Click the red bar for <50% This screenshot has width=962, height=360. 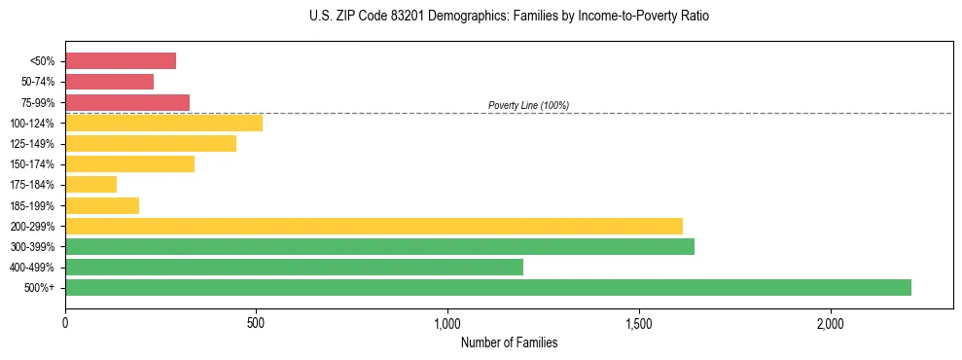[x=121, y=61]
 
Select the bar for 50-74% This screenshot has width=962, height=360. [x=109, y=82]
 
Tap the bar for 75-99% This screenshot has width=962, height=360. [x=127, y=102]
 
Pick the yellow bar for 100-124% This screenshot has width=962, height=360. [x=163, y=123]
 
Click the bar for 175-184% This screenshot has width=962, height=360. [x=90, y=185]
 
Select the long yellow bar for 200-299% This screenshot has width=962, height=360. [x=374, y=226]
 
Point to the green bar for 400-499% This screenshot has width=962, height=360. [x=294, y=267]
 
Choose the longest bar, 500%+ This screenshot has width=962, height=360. [x=488, y=287]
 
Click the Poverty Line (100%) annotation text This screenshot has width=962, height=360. [x=528, y=105]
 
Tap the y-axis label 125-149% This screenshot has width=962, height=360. [x=32, y=144]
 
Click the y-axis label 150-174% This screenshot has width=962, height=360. [x=32, y=164]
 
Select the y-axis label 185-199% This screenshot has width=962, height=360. [x=32, y=205]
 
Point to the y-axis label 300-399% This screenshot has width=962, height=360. [x=32, y=247]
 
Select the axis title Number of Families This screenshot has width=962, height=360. [x=509, y=342]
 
